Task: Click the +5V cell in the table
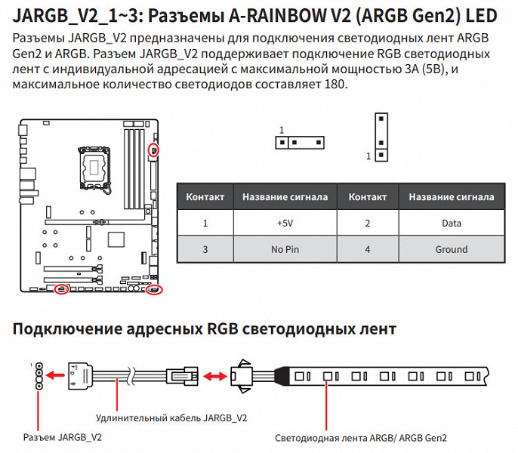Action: tap(285, 223)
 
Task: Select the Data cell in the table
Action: tap(452, 223)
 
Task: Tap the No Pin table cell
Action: tap(285, 249)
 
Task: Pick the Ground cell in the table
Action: tap(452, 249)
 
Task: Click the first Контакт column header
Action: tap(205, 197)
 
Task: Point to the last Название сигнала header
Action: tap(452, 197)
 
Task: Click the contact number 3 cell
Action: tap(205, 249)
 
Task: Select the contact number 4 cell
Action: tap(367, 249)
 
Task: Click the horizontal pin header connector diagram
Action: tap(299, 142)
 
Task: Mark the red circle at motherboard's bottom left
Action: tap(63, 288)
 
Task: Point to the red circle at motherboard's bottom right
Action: tap(154, 289)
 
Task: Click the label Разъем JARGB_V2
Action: tap(62, 437)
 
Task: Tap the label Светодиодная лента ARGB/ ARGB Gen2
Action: tap(361, 437)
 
